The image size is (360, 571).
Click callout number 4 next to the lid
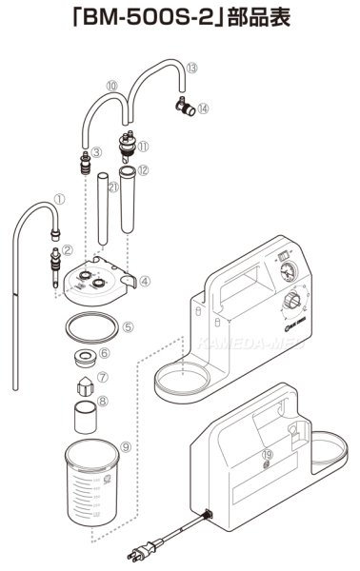(144, 281)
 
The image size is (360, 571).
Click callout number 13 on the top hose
(192, 69)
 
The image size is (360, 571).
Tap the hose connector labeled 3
(84, 156)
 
